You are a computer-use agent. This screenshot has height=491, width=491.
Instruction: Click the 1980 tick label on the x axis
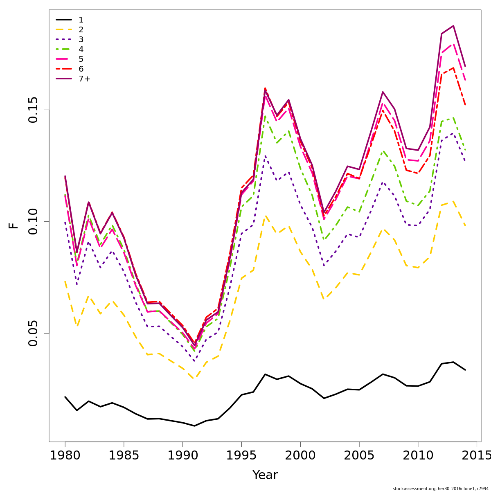[65, 455]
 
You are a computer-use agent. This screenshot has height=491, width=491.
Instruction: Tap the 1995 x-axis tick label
[241, 455]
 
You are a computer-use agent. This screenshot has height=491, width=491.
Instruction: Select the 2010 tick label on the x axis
[418, 455]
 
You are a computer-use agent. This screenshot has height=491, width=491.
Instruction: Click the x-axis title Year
[265, 475]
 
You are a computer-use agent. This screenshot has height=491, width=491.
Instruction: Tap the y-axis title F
[14, 225]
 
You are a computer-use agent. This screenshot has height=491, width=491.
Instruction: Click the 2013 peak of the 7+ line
[453, 26]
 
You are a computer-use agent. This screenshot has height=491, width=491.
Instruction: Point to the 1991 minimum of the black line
[194, 426]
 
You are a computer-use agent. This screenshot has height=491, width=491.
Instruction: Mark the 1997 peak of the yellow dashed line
[265, 216]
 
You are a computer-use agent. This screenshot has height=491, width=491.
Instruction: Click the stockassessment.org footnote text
[440, 489]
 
